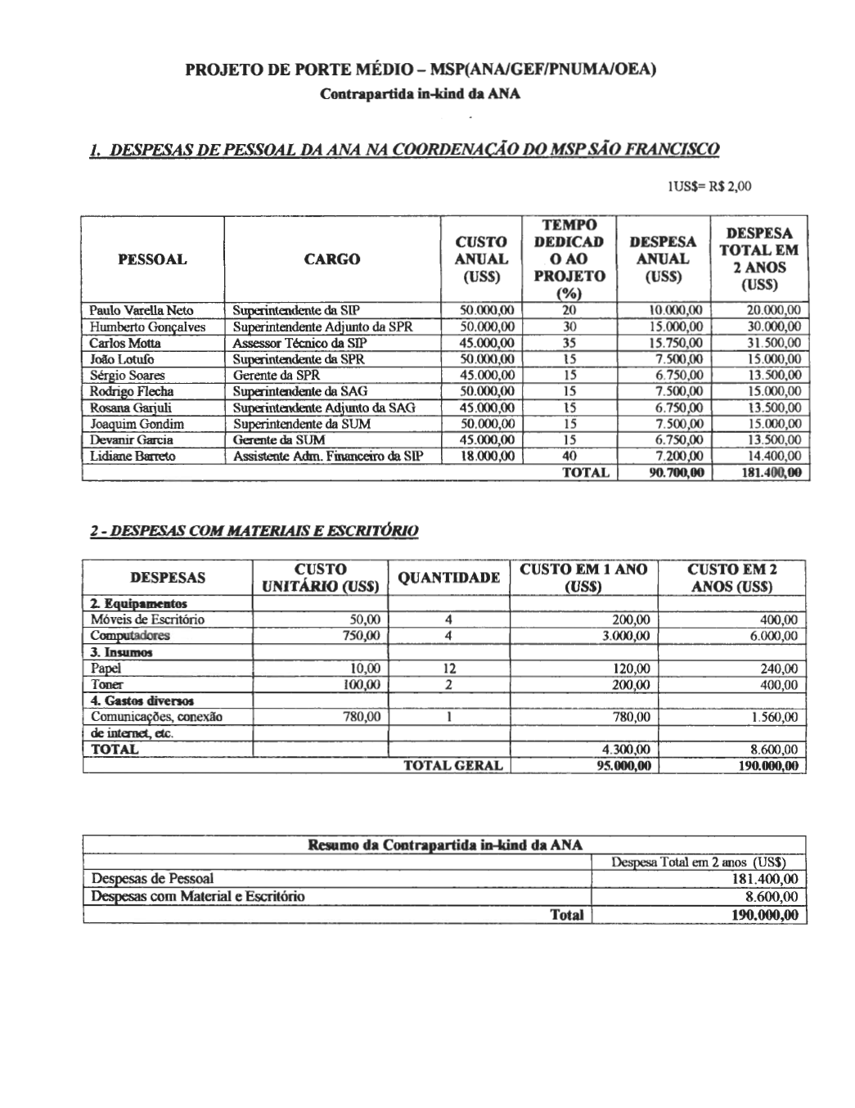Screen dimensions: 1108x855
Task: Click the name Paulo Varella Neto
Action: (141, 311)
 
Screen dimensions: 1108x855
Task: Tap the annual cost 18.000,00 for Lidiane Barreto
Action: (488, 456)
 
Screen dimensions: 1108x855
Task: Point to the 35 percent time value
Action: (569, 343)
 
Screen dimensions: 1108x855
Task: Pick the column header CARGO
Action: (332, 259)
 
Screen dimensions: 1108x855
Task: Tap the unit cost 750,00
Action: (363, 636)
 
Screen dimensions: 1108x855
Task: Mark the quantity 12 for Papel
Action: (448, 669)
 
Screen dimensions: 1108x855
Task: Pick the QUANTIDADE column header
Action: (448, 578)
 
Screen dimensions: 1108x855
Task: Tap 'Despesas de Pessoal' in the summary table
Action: (152, 879)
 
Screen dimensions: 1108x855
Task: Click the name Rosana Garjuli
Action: (131, 408)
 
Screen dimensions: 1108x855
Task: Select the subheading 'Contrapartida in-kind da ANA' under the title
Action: (420, 93)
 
